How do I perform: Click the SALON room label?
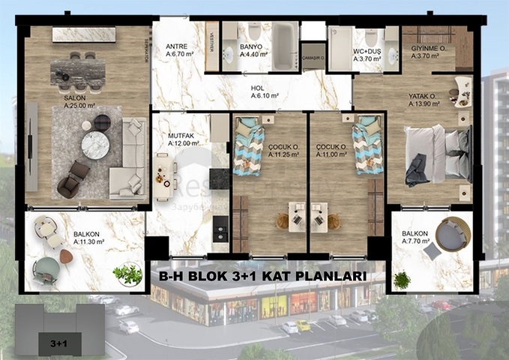pos(73,97)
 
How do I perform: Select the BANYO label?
pos(250,46)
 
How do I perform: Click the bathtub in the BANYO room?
pos(284,46)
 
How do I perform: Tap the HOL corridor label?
pos(257,88)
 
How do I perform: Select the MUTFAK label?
pos(181,135)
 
